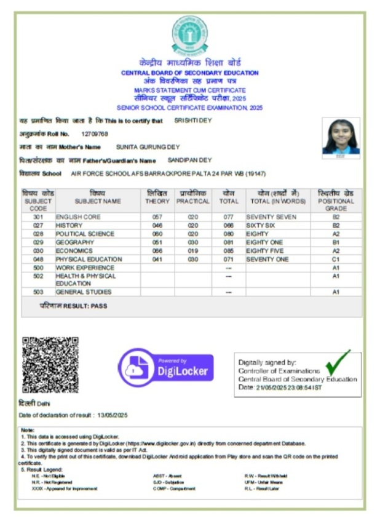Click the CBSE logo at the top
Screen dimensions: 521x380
(189, 34)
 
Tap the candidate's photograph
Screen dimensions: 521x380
(341, 136)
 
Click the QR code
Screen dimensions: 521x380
(50, 365)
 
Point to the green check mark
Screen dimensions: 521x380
(338, 362)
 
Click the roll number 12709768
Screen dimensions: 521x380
(95, 134)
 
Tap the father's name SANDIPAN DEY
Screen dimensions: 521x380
(189, 161)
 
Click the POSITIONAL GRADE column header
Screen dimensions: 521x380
(336, 201)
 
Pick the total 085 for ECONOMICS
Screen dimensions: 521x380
(229, 251)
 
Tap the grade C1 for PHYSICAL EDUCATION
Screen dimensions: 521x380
(336, 260)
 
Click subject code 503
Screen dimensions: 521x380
(38, 292)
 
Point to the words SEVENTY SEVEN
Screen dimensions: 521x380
(271, 217)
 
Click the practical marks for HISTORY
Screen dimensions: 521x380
(193, 226)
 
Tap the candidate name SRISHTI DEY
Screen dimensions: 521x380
(193, 121)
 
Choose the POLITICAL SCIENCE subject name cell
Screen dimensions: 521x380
(85, 234)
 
